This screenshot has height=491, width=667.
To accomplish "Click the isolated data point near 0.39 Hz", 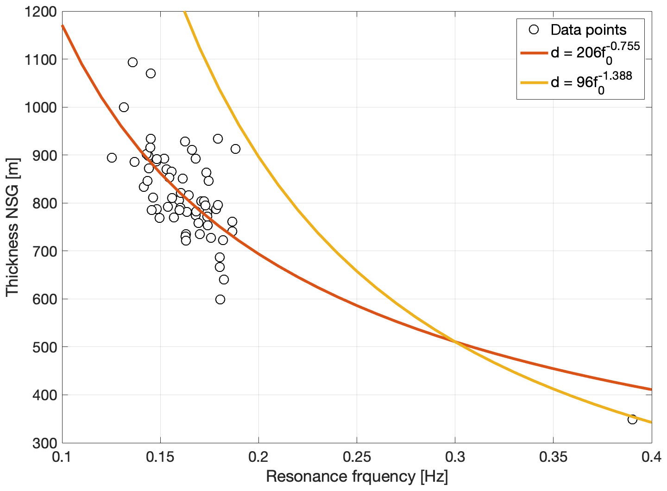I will [632, 419].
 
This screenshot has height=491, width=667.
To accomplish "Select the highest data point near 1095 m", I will [132, 62].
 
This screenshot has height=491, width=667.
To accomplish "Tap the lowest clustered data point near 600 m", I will [220, 299].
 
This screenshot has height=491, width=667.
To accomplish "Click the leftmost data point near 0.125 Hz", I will [112, 157].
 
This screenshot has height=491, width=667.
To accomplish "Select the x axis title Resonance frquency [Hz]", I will [357, 477].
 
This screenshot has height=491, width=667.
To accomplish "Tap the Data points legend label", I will [588, 30].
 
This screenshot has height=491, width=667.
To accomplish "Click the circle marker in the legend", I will [534, 30].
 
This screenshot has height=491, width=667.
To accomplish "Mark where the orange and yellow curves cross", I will [455, 342].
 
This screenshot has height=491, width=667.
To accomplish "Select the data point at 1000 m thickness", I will [124, 107].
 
